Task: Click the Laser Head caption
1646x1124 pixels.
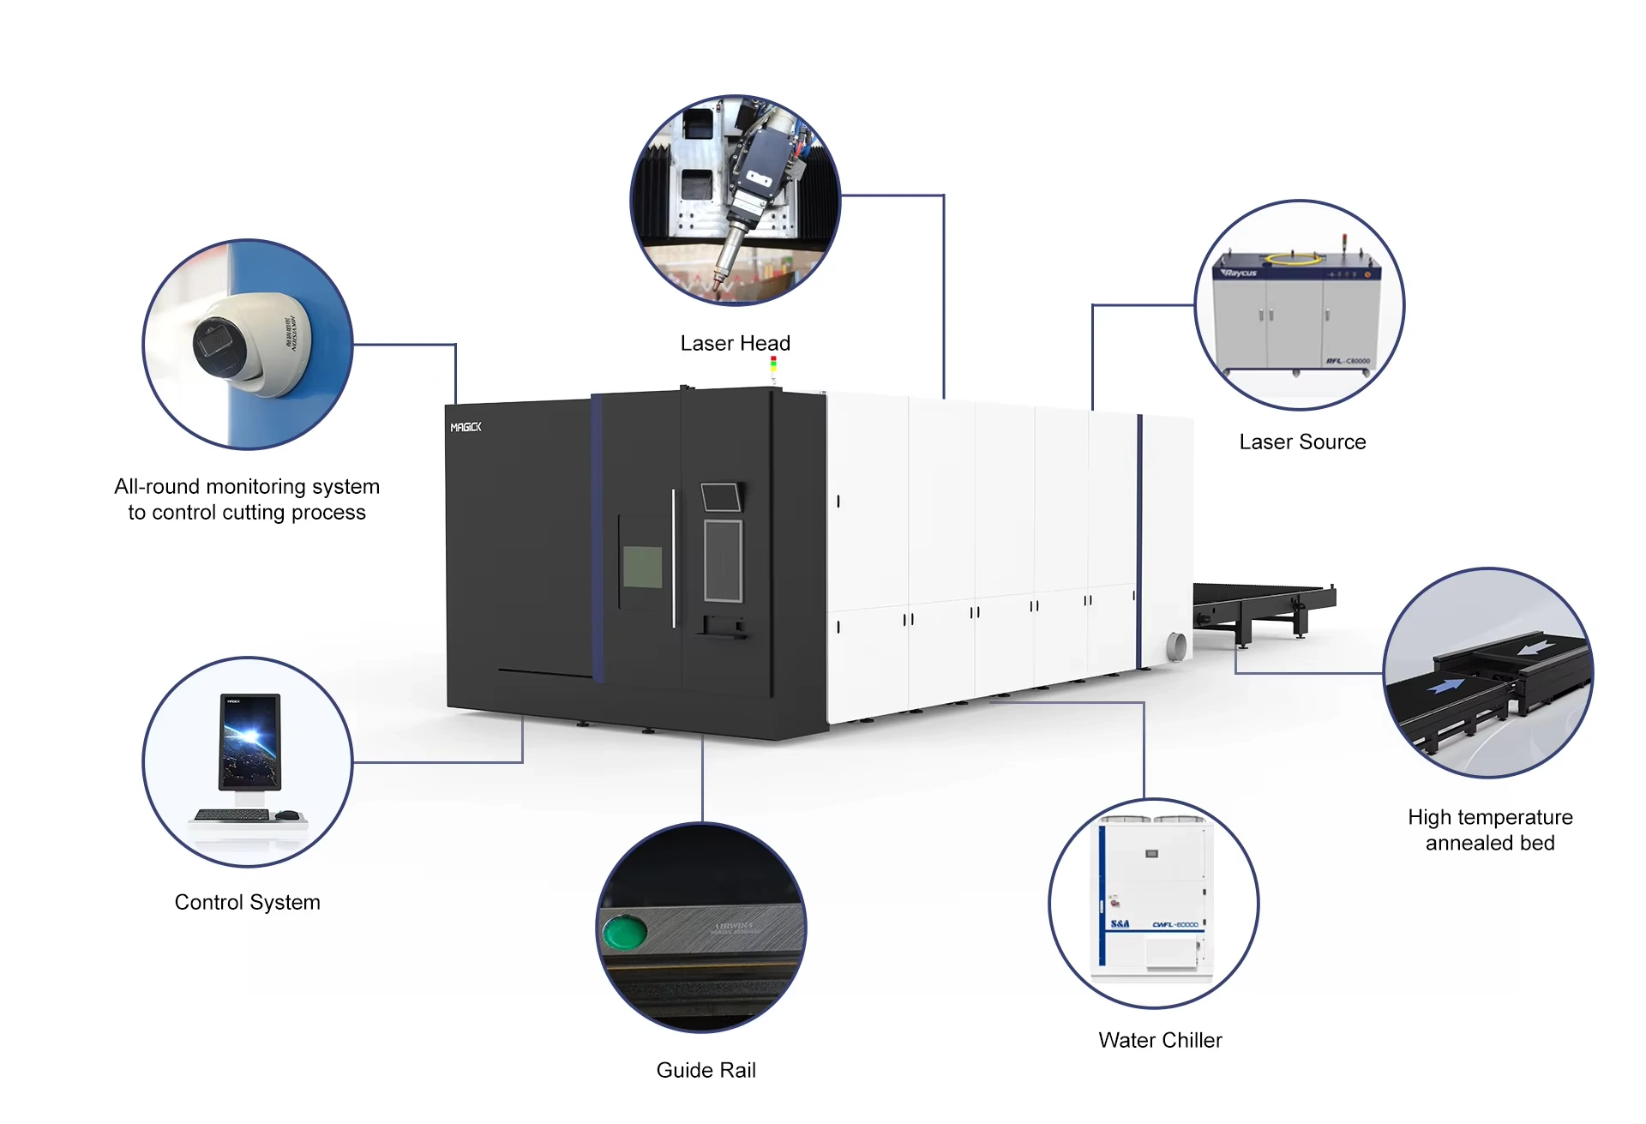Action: click(735, 344)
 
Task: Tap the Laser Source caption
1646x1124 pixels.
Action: click(1302, 442)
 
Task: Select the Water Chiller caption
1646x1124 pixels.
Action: click(1160, 1041)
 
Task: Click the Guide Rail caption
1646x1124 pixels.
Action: click(706, 1071)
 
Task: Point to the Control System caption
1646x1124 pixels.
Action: click(247, 903)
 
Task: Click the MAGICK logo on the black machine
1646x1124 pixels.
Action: click(466, 427)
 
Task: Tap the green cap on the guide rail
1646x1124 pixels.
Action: click(624, 933)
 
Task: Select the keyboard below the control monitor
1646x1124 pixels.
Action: click(231, 814)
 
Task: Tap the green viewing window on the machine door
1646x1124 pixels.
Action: click(642, 567)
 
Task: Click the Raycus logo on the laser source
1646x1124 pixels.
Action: click(1240, 273)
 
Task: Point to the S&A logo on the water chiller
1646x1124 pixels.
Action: click(1120, 924)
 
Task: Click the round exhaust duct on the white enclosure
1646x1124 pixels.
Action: click(1177, 646)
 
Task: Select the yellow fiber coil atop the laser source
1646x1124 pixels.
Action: click(1295, 256)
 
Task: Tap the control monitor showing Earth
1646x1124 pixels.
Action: click(249, 742)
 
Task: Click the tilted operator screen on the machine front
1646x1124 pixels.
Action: click(720, 497)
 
